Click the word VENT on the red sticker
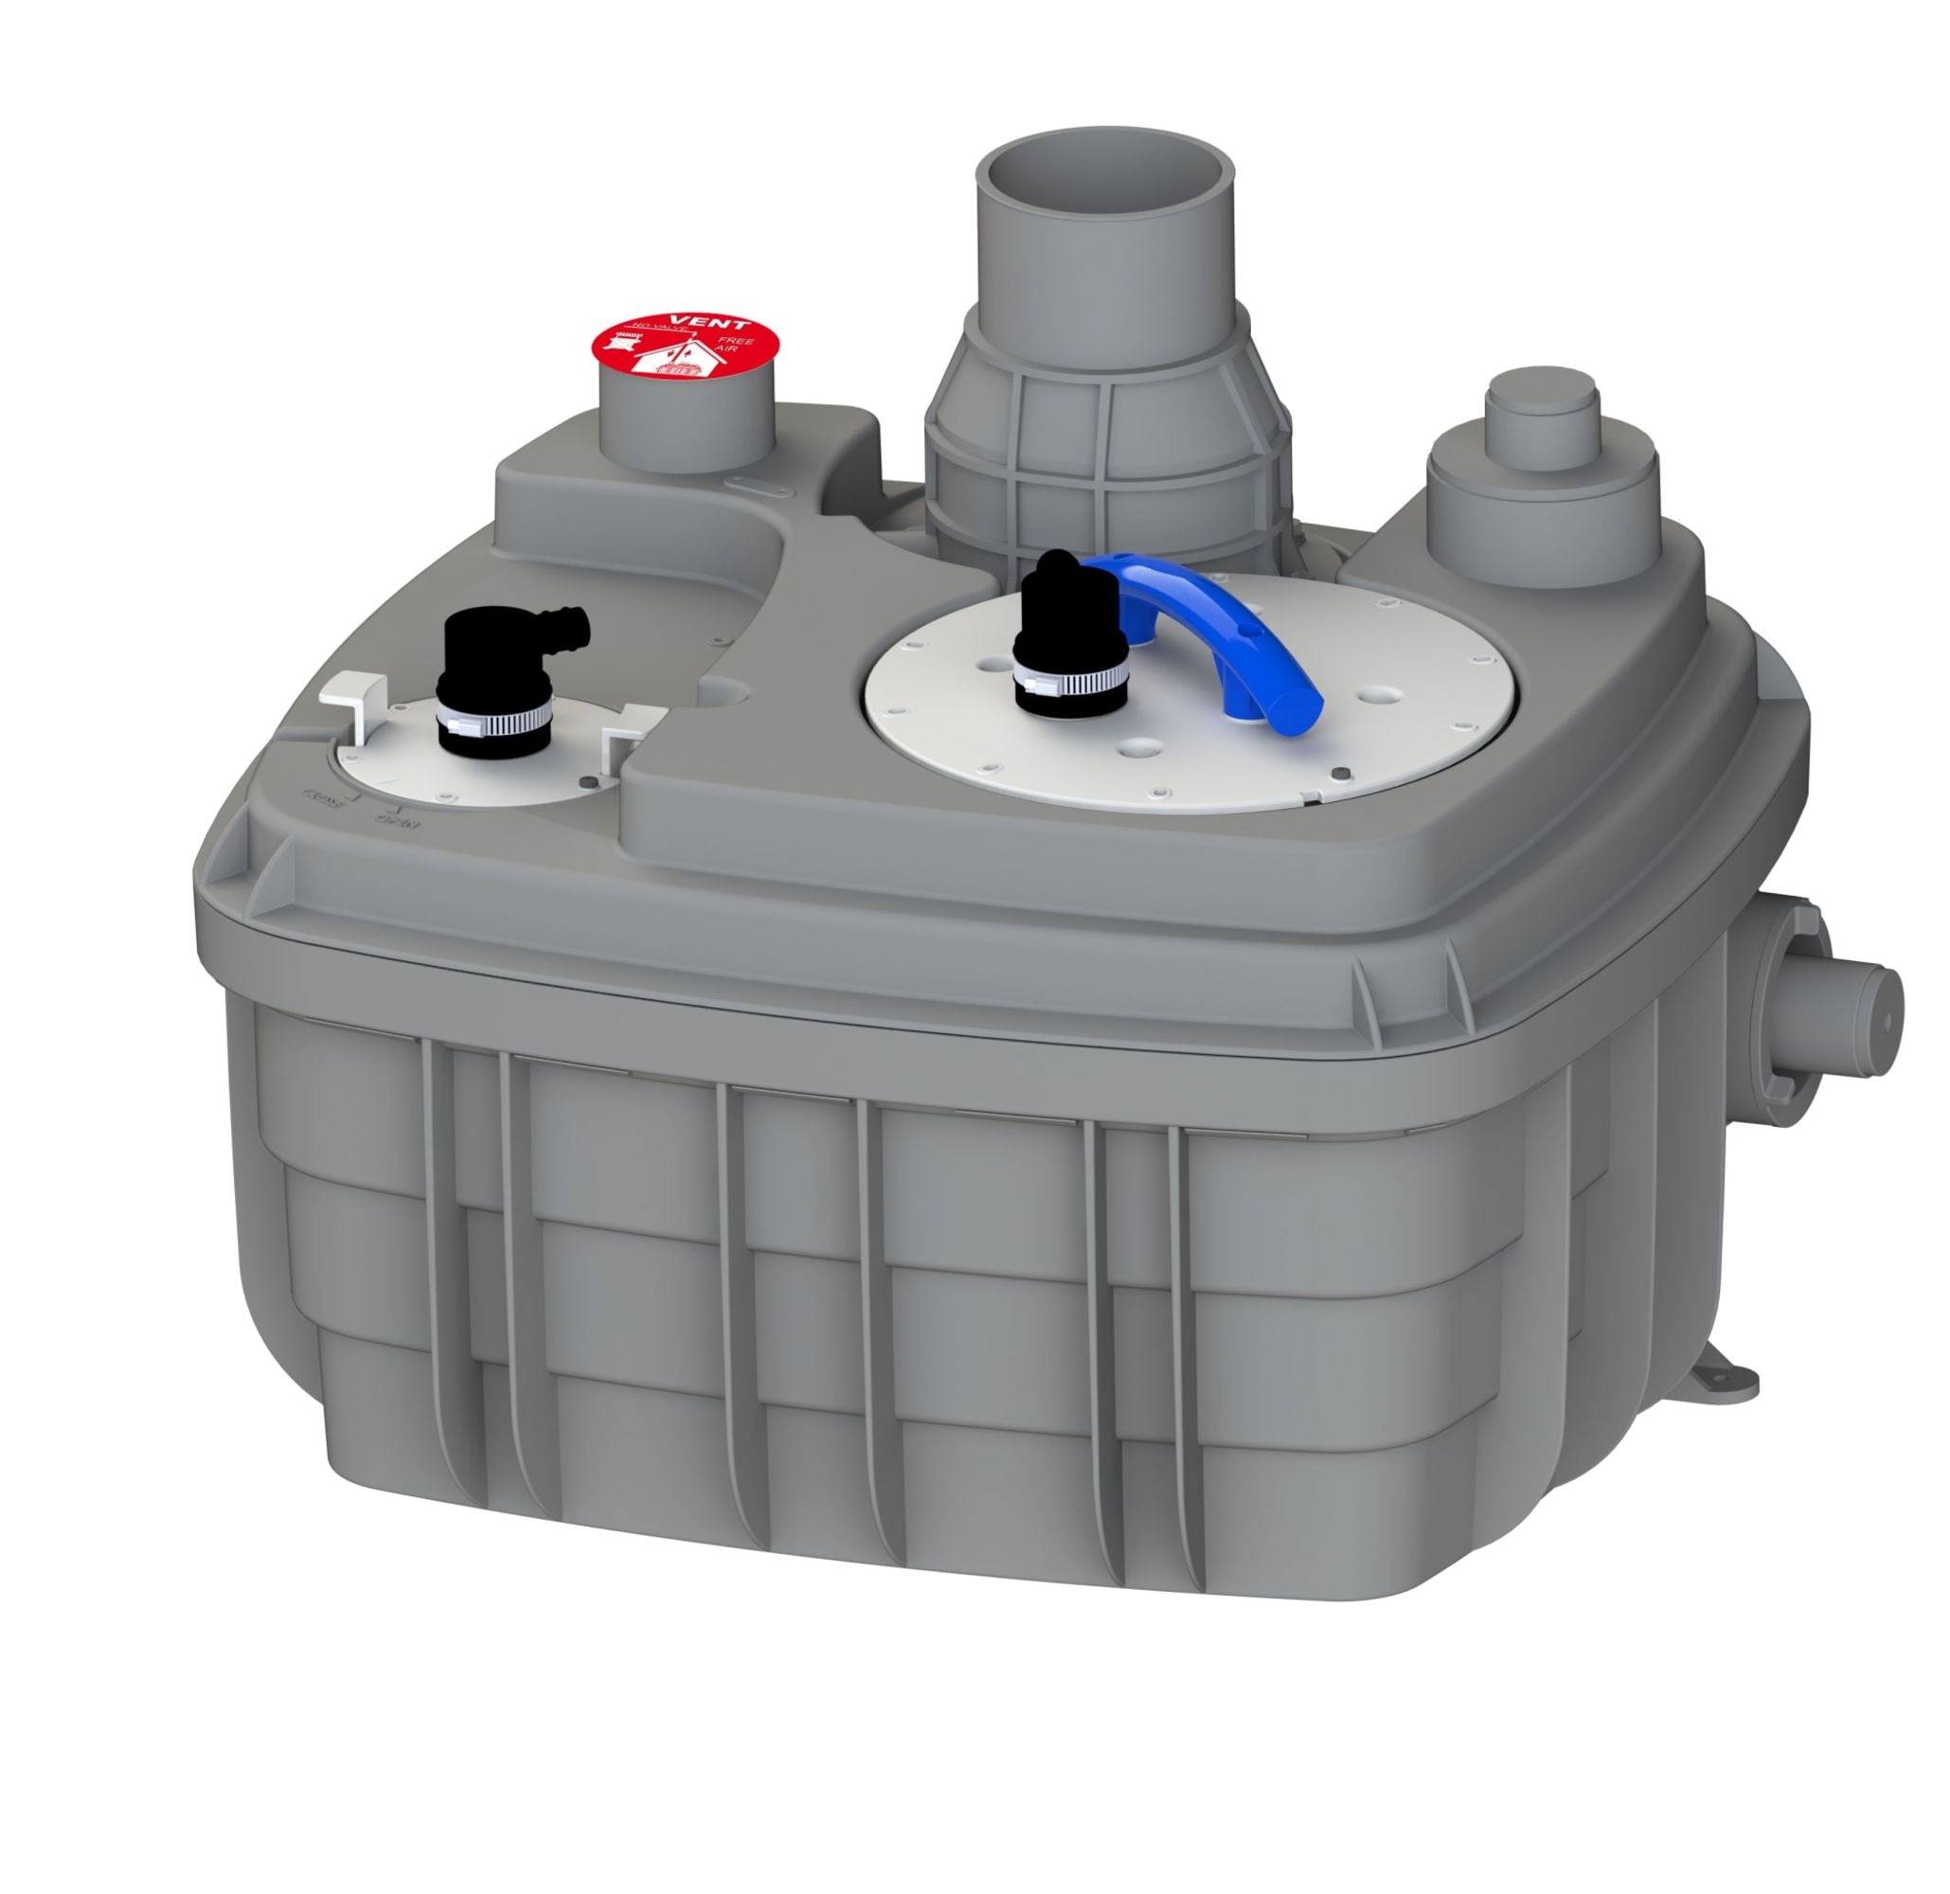[x=725, y=324]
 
